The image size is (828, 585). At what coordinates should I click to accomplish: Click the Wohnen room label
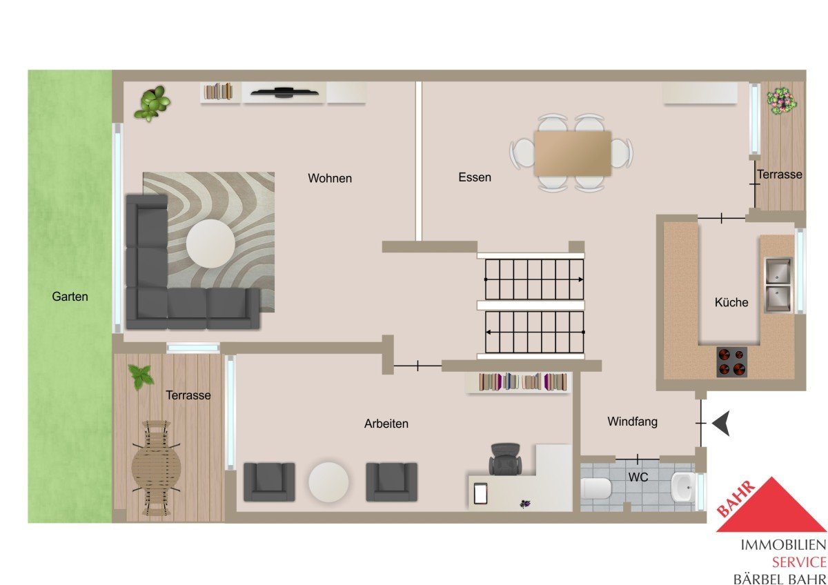330,178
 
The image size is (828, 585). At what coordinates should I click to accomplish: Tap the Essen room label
475,177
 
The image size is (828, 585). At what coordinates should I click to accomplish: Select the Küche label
731,302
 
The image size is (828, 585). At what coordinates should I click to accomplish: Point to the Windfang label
633,422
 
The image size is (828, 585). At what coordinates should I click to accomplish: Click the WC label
638,477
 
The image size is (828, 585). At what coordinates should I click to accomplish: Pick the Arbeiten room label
386,424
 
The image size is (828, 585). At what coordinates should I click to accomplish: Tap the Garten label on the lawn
70,297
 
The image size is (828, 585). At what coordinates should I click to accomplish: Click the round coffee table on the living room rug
210,244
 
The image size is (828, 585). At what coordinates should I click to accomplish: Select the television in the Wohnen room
284,92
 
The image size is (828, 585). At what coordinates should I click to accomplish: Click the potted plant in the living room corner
152,104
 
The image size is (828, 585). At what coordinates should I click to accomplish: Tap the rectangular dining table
572,153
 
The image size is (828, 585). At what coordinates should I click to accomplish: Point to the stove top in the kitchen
731,361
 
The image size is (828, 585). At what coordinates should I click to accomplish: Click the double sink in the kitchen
778,284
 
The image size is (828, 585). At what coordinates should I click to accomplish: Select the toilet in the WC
595,488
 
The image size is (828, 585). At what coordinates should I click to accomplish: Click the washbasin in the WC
683,487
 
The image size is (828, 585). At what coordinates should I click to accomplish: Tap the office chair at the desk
505,459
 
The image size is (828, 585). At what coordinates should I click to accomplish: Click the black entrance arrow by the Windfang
721,423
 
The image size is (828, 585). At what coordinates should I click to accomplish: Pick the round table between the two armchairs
328,482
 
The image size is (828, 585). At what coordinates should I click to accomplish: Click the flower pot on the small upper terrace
781,101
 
